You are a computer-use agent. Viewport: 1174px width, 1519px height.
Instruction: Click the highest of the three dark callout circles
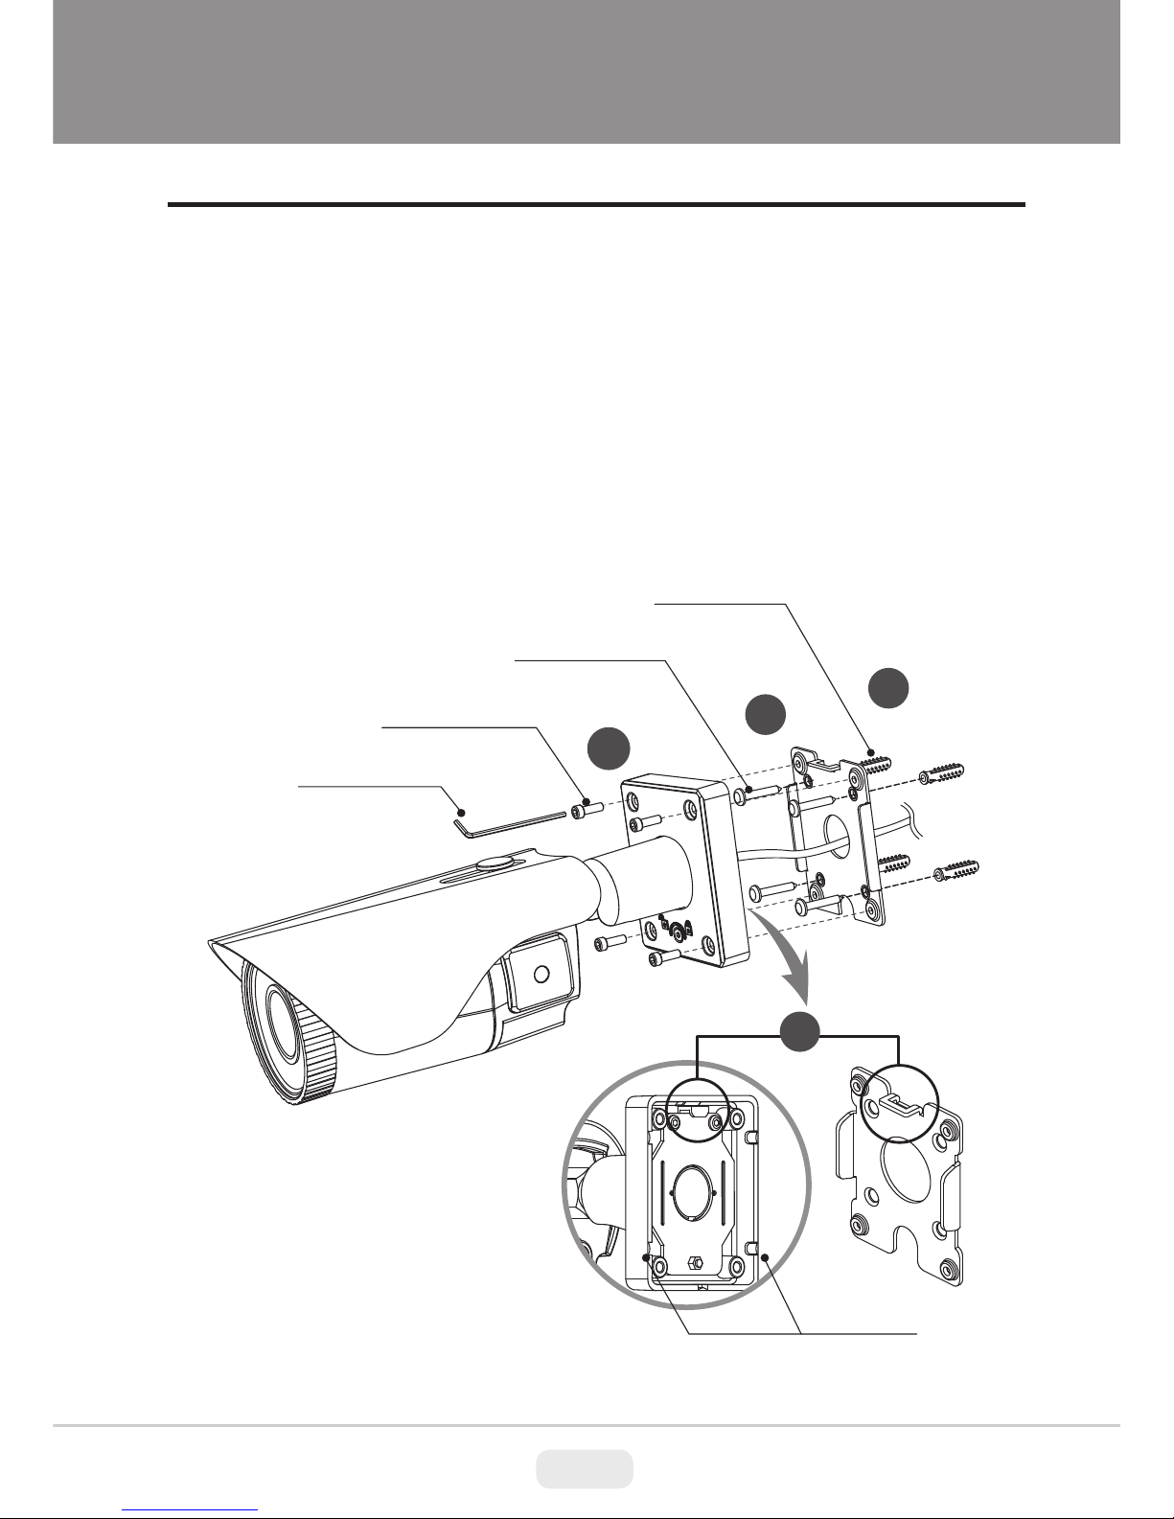888,691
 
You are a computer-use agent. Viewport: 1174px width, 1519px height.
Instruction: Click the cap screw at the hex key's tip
584,810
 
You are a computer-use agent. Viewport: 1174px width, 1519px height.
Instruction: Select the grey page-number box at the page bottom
584,1467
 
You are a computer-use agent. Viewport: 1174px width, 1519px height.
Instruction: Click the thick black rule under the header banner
596,204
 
